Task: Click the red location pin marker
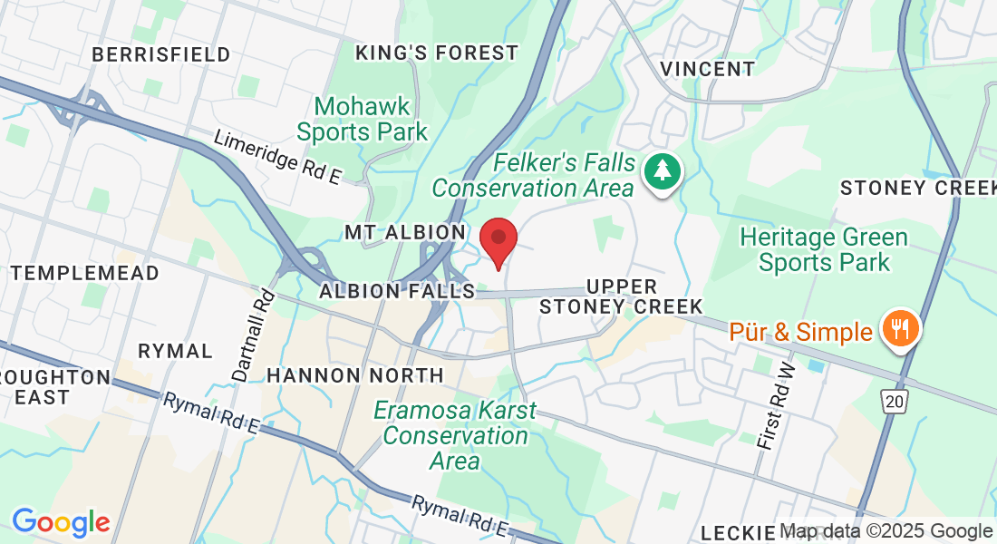point(498,239)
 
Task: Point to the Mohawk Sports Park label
point(363,120)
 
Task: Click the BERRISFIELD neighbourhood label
point(161,54)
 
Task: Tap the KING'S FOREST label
point(437,53)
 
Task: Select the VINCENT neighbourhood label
point(707,69)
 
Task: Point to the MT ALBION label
point(405,233)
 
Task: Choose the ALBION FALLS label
point(397,291)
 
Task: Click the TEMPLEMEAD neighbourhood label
point(85,273)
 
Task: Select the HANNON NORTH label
point(355,374)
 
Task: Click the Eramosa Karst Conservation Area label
point(455,436)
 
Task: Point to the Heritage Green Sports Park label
point(824,250)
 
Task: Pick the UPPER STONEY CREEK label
point(621,296)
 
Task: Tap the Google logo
point(61,522)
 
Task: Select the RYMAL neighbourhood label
point(175,351)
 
